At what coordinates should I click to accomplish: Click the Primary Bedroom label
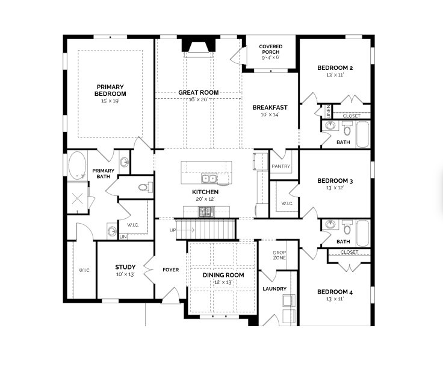[x=110, y=90]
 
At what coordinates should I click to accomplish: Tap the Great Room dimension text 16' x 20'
[x=198, y=99]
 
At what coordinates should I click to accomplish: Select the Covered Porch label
[x=271, y=49]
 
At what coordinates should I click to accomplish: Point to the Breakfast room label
[x=270, y=107]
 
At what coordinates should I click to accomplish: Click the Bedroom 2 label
[x=335, y=68]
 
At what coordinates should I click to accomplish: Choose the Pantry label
[x=281, y=166]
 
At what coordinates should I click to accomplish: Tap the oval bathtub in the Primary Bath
[x=76, y=165]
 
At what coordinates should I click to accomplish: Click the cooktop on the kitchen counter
[x=206, y=211]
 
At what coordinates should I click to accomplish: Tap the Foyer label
[x=171, y=270]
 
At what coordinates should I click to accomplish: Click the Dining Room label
[x=223, y=275]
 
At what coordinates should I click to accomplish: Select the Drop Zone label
[x=279, y=255]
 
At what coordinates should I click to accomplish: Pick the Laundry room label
[x=274, y=289]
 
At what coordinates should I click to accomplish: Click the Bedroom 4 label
[x=335, y=292]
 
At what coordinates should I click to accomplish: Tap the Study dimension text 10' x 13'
[x=125, y=275]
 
